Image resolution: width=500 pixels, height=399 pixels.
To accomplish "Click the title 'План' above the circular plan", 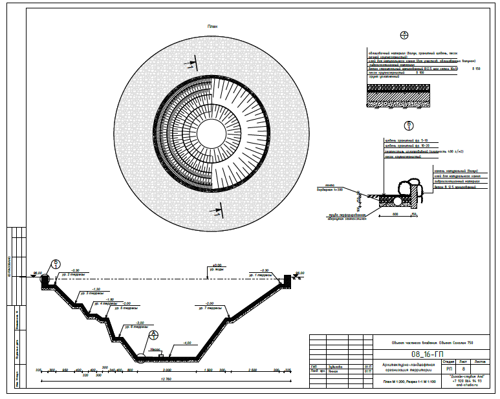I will pyautogui.click(x=213, y=26).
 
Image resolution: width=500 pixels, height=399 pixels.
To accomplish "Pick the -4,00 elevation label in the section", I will pyautogui.click(x=188, y=343).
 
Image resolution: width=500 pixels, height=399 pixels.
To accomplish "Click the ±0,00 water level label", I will pyautogui.click(x=217, y=265).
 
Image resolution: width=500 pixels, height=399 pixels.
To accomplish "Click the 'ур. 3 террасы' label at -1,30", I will pyautogui.click(x=96, y=294).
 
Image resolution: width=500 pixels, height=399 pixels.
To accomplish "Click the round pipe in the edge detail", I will pyautogui.click(x=395, y=200).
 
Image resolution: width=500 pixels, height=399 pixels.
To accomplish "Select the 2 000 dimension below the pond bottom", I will pyautogui.click(x=167, y=370).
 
